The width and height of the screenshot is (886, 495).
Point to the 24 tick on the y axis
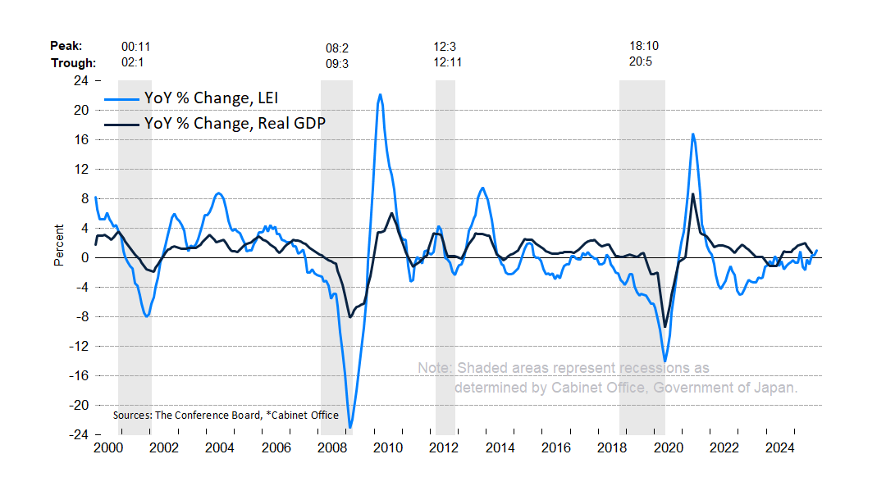tap(81, 80)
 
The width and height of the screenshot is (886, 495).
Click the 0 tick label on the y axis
tap(84, 257)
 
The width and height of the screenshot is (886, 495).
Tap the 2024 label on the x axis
tap(780, 448)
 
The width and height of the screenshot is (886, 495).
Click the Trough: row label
tap(74, 63)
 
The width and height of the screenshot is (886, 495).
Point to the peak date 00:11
tap(135, 47)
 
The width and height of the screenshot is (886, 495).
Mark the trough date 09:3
tap(337, 63)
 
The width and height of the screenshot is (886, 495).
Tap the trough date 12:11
tap(448, 63)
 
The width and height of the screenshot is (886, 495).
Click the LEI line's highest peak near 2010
tap(380, 94)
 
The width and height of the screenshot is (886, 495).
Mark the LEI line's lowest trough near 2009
tap(350, 427)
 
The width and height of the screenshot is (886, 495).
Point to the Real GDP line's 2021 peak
tap(692, 194)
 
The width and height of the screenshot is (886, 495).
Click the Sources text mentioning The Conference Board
tap(226, 415)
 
